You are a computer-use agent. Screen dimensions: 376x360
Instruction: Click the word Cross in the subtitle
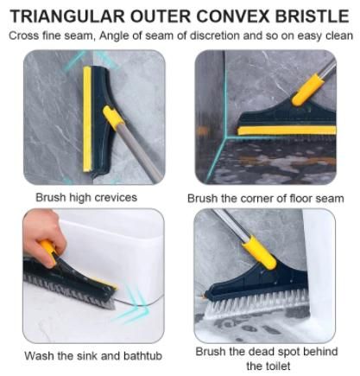[x=28, y=35]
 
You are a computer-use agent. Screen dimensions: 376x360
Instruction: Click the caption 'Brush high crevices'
[x=85, y=197]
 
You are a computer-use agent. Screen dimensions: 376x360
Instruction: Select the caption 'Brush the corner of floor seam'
[x=265, y=198]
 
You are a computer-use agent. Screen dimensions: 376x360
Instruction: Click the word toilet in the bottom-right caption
[x=266, y=366]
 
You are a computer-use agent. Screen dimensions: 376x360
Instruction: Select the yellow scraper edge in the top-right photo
[x=285, y=131]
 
